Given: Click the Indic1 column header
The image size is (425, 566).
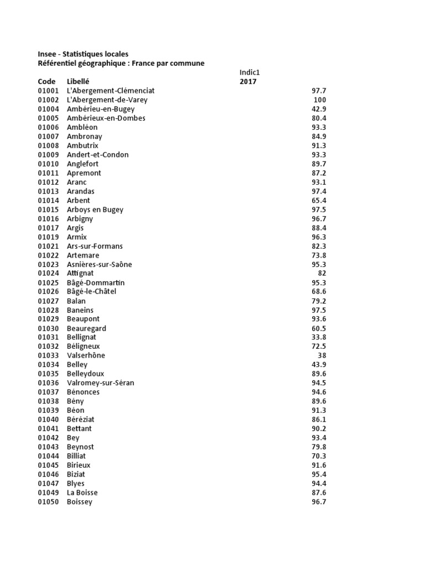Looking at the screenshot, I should (250, 72).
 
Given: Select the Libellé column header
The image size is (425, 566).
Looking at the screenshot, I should (78, 82).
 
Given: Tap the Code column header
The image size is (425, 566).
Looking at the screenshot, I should (47, 82).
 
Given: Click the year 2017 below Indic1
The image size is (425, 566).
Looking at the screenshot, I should (248, 82).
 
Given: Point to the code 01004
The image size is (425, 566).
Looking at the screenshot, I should (48, 109).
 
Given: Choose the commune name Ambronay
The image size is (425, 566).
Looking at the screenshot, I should (84, 137).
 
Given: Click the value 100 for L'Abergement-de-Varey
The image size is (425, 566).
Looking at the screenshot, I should (319, 100).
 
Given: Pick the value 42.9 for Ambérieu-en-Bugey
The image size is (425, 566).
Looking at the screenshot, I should (319, 109).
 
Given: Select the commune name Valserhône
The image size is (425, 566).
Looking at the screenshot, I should (86, 355).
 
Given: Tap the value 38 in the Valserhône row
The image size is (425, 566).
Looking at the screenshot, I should (322, 355).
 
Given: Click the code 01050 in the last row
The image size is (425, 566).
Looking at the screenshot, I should (48, 502).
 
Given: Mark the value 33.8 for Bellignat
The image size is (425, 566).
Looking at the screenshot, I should (319, 337).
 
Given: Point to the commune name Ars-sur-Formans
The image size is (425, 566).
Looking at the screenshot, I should (95, 246).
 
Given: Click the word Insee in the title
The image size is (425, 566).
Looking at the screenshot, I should (47, 54).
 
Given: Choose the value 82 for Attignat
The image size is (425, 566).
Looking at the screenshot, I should (322, 274).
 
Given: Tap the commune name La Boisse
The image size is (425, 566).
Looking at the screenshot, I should (82, 492).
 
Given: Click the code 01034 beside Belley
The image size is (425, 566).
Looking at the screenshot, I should (48, 365).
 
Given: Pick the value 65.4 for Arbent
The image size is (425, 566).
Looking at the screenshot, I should (319, 201).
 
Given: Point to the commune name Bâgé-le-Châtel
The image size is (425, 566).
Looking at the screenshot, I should (91, 292).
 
